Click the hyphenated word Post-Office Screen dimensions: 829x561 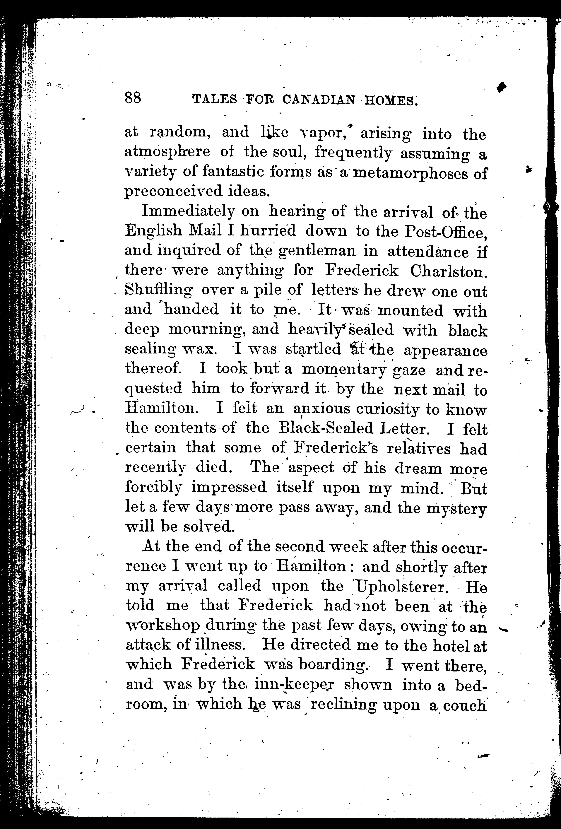pos(446,232)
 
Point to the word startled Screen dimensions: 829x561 pos(314,350)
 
